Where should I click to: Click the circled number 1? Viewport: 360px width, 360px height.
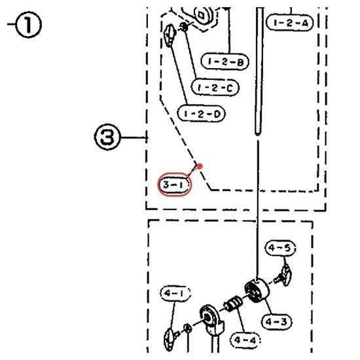pyautogui.click(x=28, y=24)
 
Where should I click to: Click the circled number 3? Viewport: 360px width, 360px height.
pyautogui.click(x=107, y=137)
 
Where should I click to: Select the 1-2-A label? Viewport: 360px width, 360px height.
pyautogui.click(x=290, y=22)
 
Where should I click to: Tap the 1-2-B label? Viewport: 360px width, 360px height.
pyautogui.click(x=225, y=62)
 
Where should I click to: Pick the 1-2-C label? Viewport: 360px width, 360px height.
pyautogui.click(x=215, y=87)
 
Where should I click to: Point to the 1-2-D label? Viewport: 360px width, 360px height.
pyautogui.click(x=202, y=113)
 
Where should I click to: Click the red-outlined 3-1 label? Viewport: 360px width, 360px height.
pyautogui.click(x=175, y=185)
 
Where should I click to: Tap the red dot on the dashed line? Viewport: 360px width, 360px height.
pyautogui.click(x=200, y=166)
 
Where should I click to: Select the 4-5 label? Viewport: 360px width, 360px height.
pyautogui.click(x=280, y=248)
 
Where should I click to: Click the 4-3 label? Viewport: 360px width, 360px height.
pyautogui.click(x=277, y=321)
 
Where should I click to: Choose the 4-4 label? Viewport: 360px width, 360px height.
pyautogui.click(x=245, y=340)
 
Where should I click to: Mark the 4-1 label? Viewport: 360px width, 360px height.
pyautogui.click(x=175, y=293)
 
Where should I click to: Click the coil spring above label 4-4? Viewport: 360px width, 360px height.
pyautogui.click(x=232, y=304)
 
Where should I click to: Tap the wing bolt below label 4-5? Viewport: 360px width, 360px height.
pyautogui.click(x=283, y=275)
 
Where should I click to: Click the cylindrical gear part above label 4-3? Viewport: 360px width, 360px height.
pyautogui.click(x=257, y=291)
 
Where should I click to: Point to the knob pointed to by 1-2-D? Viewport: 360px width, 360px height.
pyautogui.click(x=170, y=35)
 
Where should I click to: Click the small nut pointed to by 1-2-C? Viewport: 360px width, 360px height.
pyautogui.click(x=185, y=27)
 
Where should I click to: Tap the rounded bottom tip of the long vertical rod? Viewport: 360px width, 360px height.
pyautogui.click(x=258, y=134)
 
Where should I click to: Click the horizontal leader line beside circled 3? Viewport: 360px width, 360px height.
pyautogui.click(x=134, y=137)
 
